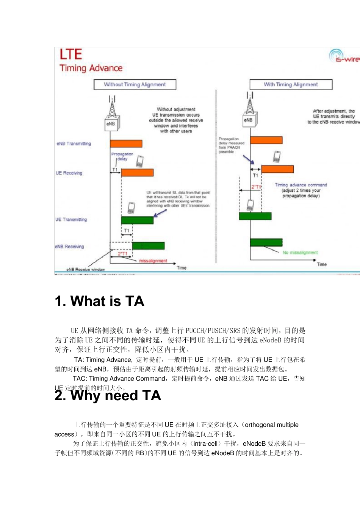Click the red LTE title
tap(71, 55)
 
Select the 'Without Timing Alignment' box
tap(135, 84)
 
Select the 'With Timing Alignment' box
tap(291, 84)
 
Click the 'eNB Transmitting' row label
tap(74, 144)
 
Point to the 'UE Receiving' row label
tap(69, 173)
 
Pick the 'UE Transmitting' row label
tap(71, 220)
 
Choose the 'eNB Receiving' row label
tap(69, 247)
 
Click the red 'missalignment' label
tap(153, 261)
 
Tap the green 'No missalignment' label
tap(300, 253)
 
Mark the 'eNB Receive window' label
tap(86, 270)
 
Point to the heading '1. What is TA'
tap(100, 301)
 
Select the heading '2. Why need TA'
tap(108, 396)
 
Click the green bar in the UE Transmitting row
tap(137, 220)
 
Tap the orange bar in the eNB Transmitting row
tap(126, 144)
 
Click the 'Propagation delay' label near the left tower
tap(122, 156)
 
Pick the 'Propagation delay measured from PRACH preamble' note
tap(231, 145)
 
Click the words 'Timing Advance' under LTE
tap(91, 68)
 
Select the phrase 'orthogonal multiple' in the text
tap(272, 425)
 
